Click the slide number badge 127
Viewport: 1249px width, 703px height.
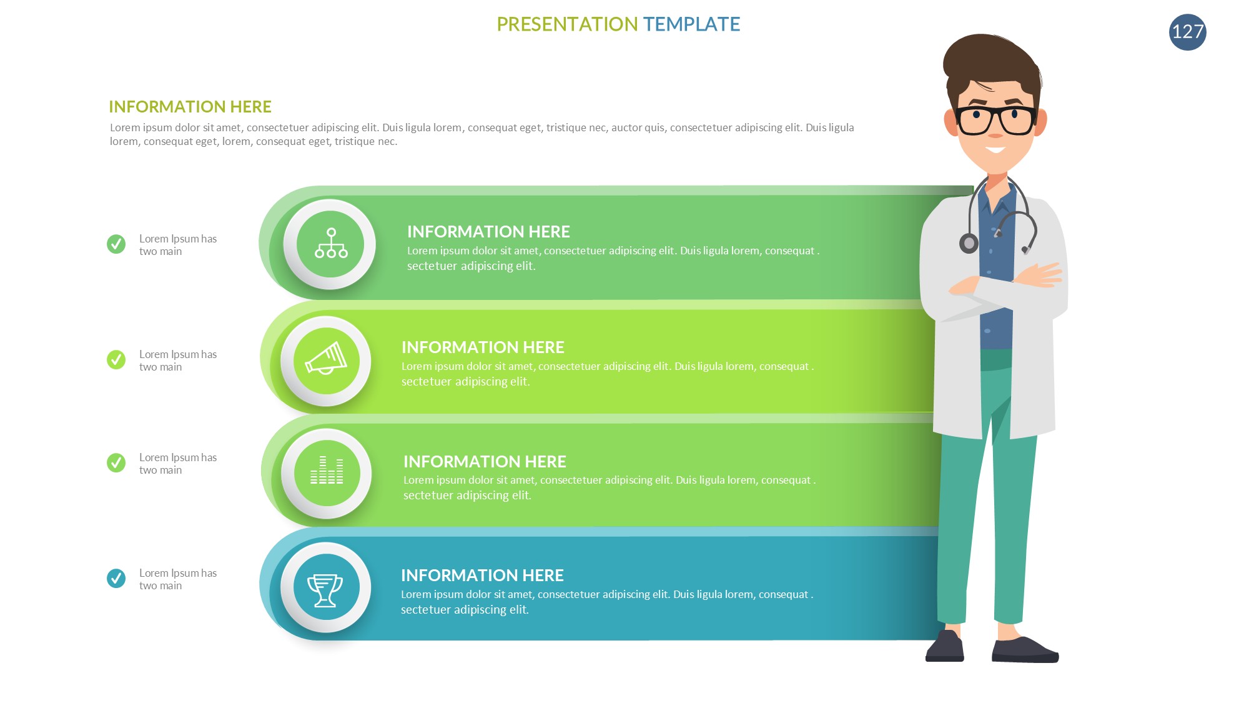pyautogui.click(x=1187, y=32)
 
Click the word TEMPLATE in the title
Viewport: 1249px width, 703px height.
pyautogui.click(x=691, y=24)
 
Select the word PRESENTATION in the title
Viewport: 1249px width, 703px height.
pyautogui.click(x=567, y=24)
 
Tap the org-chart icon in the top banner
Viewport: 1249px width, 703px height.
pyautogui.click(x=330, y=243)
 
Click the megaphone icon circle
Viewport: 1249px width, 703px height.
pyautogui.click(x=326, y=361)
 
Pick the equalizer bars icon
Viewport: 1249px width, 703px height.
pyautogui.click(x=327, y=470)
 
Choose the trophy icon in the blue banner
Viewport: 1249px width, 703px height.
pyautogui.click(x=325, y=590)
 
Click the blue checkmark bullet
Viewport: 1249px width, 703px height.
pyautogui.click(x=116, y=578)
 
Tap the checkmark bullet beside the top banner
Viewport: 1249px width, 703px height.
pyautogui.click(x=116, y=244)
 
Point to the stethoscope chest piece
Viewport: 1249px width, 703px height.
pyautogui.click(x=969, y=243)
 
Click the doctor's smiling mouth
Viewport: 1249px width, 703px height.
pyautogui.click(x=995, y=150)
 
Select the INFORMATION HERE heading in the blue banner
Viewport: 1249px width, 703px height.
pyautogui.click(x=482, y=575)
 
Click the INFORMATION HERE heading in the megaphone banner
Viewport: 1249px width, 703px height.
pyautogui.click(x=483, y=347)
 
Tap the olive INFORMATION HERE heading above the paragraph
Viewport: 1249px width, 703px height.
pyautogui.click(x=190, y=107)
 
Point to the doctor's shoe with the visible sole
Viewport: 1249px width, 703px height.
pyautogui.click(x=1025, y=650)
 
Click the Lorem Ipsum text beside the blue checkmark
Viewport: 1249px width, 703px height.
pyautogui.click(x=178, y=579)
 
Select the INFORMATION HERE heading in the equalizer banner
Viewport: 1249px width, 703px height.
pyautogui.click(x=485, y=461)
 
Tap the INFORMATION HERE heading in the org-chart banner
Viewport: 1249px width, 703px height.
pyautogui.click(x=488, y=231)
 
